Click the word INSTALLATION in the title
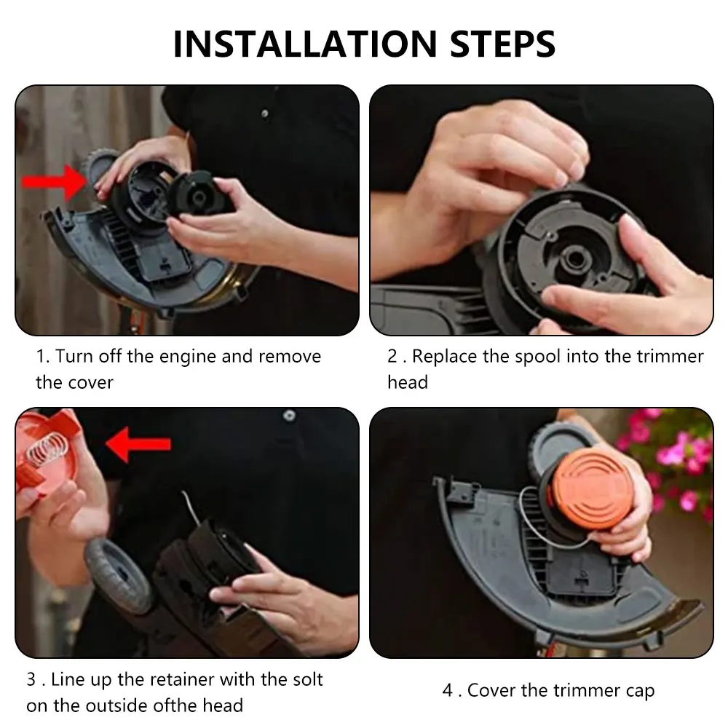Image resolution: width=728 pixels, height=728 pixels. pos(305,44)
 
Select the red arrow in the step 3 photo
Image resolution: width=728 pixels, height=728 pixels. pos(138,444)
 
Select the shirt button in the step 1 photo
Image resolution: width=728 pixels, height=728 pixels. pos(265,114)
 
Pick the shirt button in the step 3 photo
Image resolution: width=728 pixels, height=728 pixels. pos(289,415)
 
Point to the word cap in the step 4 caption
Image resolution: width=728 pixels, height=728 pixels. pos(640,691)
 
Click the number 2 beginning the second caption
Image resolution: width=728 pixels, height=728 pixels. pos(392,356)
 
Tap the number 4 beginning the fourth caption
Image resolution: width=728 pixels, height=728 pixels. pos(448,690)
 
